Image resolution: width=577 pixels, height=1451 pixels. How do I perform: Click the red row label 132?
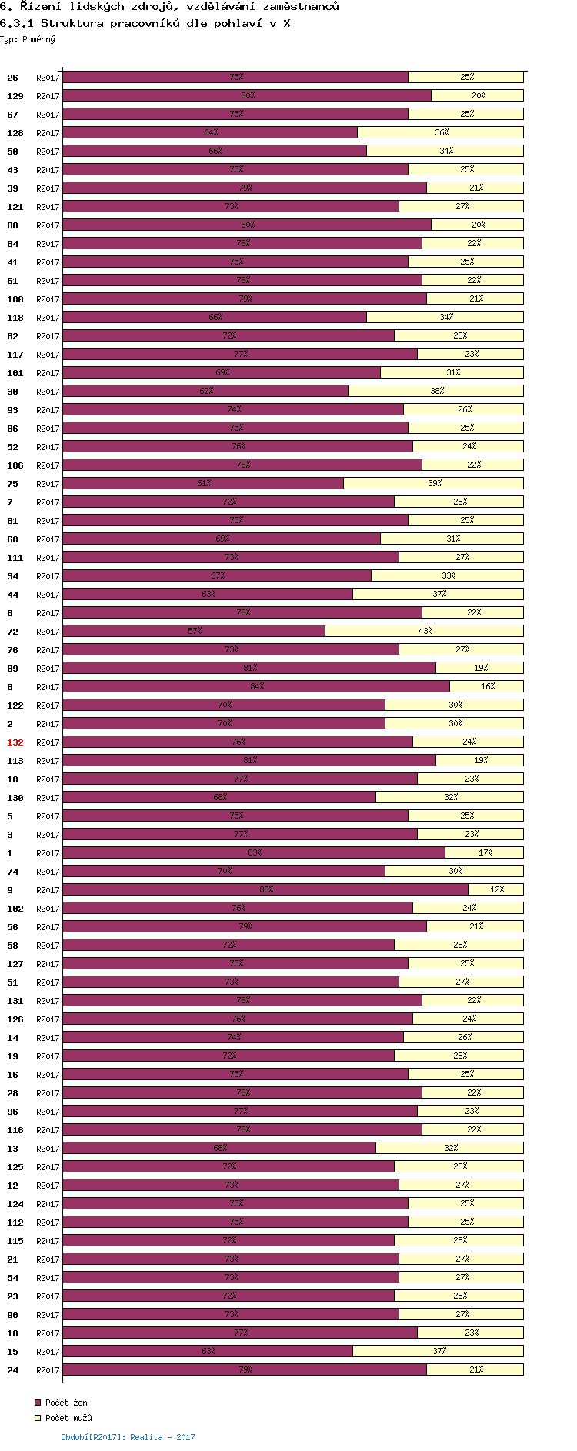(15, 742)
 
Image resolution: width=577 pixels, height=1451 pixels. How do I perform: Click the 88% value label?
(266, 889)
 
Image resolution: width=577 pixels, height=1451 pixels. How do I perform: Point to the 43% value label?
(425, 631)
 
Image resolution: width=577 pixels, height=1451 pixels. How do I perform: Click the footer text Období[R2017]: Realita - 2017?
(128, 1436)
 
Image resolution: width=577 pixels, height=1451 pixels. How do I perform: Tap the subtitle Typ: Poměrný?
(28, 39)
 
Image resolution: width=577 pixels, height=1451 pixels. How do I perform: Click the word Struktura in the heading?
(72, 23)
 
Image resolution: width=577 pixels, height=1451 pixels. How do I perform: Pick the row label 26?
(12, 78)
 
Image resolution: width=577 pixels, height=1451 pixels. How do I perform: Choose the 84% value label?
(257, 686)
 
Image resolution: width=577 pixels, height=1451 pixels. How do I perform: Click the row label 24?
(12, 1370)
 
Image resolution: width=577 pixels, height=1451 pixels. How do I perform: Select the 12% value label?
(497, 889)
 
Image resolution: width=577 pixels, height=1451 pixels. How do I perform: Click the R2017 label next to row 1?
(48, 853)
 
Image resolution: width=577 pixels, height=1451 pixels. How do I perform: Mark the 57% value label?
(195, 631)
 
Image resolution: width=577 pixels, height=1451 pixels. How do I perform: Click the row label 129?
(15, 96)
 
